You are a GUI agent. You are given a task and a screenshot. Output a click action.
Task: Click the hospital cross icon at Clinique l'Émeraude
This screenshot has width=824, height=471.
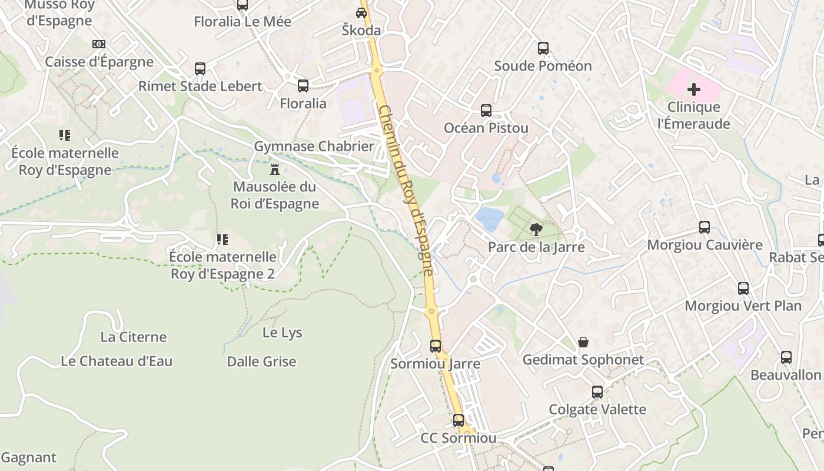coord(694,89)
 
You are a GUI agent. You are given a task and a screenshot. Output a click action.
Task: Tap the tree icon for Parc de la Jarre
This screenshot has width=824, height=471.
coord(536,229)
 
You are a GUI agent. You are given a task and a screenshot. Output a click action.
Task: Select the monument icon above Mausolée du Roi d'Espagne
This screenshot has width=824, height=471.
coord(274,170)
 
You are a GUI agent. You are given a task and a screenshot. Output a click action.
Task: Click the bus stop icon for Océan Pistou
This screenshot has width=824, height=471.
coord(486,111)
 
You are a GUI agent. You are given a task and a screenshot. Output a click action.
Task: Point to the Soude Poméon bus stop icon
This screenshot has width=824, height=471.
coord(543,48)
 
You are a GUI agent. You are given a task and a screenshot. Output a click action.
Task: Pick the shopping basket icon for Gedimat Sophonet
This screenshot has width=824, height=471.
coord(583,342)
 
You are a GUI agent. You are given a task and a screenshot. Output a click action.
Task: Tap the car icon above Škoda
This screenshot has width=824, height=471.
coord(361,13)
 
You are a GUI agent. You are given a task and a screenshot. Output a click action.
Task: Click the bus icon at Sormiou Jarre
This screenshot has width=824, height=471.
coord(436,346)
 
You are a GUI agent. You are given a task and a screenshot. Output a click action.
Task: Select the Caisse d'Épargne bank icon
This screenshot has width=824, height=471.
coord(99,44)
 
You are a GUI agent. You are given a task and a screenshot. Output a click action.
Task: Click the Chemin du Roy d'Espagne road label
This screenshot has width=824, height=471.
coord(407,190)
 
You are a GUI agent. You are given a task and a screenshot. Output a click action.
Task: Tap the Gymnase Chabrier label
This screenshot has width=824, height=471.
coord(314,146)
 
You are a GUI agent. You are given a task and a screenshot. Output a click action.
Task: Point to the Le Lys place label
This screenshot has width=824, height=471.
coord(282,333)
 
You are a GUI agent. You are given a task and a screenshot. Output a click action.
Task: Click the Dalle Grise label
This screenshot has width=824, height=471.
coord(261,361)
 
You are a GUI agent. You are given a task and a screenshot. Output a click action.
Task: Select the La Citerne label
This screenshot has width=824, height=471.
coord(134,337)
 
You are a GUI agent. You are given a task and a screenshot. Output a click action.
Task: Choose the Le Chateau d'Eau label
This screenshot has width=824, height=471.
coord(117,361)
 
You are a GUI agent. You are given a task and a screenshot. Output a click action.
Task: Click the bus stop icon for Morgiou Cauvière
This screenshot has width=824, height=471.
coord(704,227)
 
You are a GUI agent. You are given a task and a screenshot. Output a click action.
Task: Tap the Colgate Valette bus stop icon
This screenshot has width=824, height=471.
coord(597,392)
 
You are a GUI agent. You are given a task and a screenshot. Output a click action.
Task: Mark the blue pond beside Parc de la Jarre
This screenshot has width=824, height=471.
coord(490,218)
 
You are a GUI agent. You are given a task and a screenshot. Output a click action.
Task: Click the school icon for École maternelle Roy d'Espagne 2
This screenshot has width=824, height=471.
coord(222,240)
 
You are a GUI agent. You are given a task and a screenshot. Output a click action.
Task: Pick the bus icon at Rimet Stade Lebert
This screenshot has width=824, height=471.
coord(200,69)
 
